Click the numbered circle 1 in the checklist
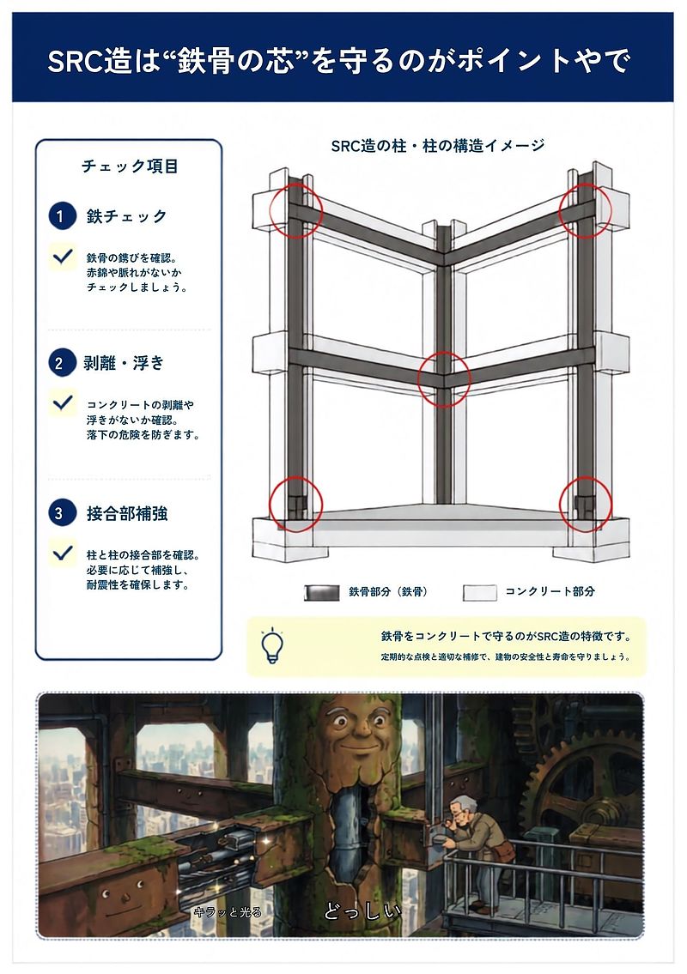(x=61, y=216)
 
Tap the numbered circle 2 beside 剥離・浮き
(x=61, y=363)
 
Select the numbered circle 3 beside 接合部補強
(x=61, y=513)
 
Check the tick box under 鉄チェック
(x=63, y=257)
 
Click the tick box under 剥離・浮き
(x=63, y=403)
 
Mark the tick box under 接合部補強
(x=63, y=553)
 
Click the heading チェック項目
(x=130, y=166)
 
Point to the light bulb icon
(x=272, y=645)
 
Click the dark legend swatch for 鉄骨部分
(x=321, y=592)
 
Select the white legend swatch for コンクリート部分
(x=479, y=592)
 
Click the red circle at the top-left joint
(x=296, y=210)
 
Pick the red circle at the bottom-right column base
(x=586, y=504)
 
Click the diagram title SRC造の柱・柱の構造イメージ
(x=438, y=146)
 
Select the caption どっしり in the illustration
(x=362, y=911)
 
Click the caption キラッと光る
(x=228, y=912)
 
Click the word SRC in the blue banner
(x=76, y=61)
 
